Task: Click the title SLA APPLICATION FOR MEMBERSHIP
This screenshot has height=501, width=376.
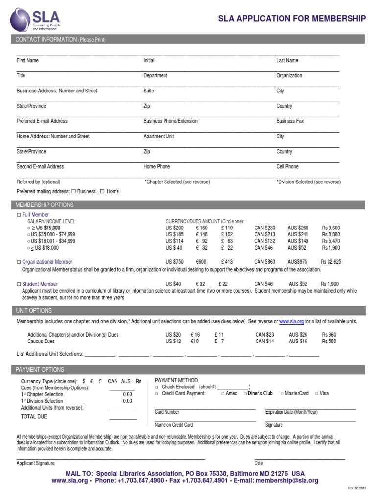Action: coord(292,19)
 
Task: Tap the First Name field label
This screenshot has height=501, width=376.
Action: coord(27,61)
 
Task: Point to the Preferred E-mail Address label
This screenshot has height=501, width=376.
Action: coord(42,121)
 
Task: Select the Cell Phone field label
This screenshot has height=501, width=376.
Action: coord(287,167)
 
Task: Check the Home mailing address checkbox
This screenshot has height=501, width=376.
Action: coord(102,192)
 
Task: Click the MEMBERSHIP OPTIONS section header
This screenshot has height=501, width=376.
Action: coord(45,205)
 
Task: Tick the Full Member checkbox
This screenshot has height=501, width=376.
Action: coord(19,215)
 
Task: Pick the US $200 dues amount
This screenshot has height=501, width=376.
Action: coord(174,228)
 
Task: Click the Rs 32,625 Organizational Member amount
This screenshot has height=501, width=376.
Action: coord(331,262)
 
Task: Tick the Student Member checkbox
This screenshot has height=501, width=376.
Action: coord(19,284)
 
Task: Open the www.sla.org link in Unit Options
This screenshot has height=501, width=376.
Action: coord(291,322)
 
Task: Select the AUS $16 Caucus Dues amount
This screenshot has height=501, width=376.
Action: coord(298,341)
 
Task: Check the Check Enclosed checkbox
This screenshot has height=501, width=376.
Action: coord(157,387)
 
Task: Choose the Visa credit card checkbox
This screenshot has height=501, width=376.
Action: coord(317,394)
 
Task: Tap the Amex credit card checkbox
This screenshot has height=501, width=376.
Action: coord(223,394)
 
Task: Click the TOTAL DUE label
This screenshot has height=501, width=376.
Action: coord(34,417)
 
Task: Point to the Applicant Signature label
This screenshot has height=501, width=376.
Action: coord(36,463)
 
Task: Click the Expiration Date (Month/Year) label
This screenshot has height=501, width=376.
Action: coord(291,412)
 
